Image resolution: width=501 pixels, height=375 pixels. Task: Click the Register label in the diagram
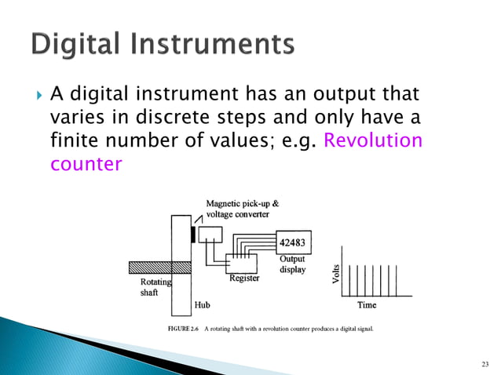pos(244,278)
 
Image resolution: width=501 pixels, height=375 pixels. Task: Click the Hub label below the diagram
pos(202,304)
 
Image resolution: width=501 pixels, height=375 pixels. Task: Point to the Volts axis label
pos(336,274)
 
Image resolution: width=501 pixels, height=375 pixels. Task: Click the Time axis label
pos(367,304)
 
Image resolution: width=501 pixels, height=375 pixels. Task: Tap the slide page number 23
pos(484,363)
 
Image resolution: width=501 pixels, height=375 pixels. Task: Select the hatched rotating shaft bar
pos(149,267)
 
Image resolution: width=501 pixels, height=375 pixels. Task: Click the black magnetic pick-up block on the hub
pos(192,235)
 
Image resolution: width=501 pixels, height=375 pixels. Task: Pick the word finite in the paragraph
pos(71,142)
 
